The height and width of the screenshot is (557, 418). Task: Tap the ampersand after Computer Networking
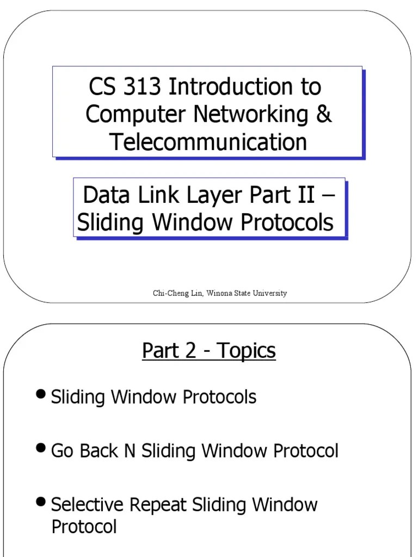pyautogui.click(x=324, y=114)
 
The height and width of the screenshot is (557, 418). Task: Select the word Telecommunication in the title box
pyautogui.click(x=208, y=142)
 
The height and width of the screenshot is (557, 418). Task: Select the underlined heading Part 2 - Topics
pyautogui.click(x=209, y=351)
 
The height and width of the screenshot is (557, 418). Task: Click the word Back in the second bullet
pyautogui.click(x=101, y=451)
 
